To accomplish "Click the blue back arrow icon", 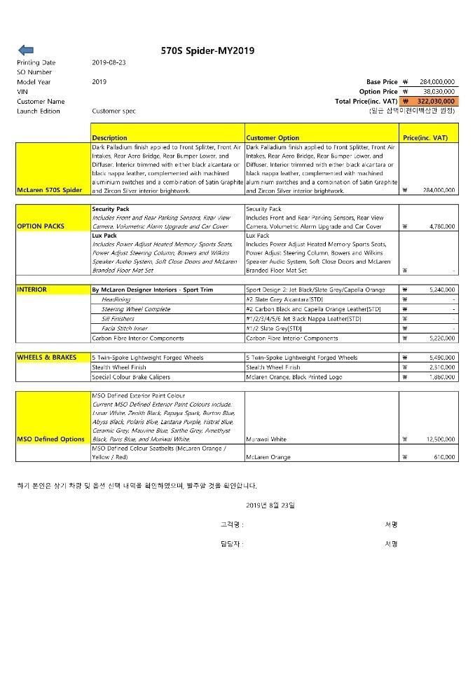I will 25,50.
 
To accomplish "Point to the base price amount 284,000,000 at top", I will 438,82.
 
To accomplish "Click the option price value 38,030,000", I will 439,91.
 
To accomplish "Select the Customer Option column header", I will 273,138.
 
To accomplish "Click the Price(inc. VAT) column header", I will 425,138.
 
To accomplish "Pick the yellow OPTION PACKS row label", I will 41,226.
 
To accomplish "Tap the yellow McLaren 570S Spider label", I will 53,190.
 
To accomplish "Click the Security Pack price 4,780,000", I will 440,226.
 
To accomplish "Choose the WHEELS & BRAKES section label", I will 47,358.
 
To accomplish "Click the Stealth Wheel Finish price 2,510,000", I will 440,367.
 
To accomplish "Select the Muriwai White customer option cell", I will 266,439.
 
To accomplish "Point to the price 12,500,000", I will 439,439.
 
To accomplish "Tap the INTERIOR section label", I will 32,289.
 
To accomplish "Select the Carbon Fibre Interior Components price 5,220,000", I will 440,338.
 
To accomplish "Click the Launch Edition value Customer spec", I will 113,111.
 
